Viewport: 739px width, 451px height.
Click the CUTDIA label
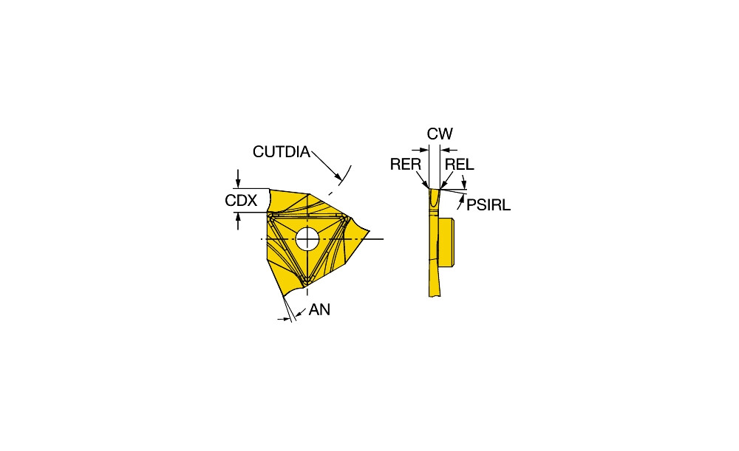click(x=282, y=151)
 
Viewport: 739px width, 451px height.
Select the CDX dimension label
click(x=241, y=201)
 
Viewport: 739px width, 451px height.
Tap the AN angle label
click(x=319, y=310)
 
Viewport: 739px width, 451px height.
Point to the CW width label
click(x=440, y=134)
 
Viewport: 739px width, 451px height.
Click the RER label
click(x=405, y=165)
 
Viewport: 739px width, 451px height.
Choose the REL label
click(x=460, y=165)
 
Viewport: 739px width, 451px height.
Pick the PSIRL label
click(x=488, y=204)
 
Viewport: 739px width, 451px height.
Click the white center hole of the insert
click(x=307, y=238)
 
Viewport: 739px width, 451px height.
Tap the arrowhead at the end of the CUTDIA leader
click(x=338, y=177)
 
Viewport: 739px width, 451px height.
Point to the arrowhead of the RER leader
click(x=426, y=185)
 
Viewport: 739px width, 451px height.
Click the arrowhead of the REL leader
click(x=443, y=185)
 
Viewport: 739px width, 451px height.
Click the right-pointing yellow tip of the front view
click(x=368, y=231)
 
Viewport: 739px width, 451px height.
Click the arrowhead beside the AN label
click(x=298, y=314)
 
